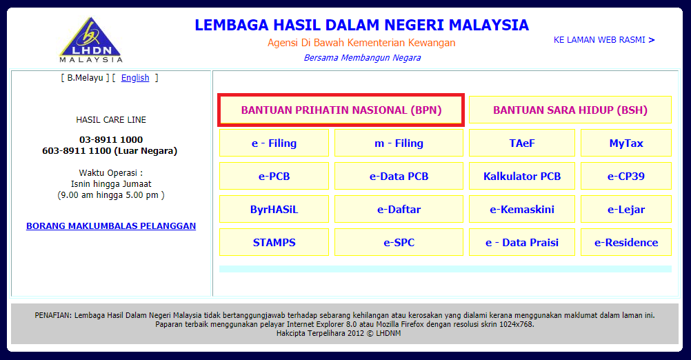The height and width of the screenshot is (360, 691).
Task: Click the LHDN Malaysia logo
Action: (91, 40)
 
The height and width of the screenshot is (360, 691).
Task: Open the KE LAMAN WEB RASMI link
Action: (604, 40)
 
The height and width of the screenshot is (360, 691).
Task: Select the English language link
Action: (135, 78)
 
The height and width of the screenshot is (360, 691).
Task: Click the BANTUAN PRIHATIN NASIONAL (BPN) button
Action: (341, 110)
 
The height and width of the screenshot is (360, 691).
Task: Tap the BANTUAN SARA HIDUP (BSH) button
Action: (570, 110)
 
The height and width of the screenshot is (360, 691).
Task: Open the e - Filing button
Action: (274, 143)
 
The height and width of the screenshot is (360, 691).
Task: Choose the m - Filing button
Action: (399, 143)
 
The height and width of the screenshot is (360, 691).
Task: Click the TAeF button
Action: (522, 143)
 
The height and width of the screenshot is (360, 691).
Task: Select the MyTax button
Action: (626, 143)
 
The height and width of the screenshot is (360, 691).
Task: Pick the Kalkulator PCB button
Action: (522, 177)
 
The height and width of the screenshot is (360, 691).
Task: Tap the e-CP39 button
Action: (626, 177)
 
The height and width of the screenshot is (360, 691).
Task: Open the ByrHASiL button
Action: (274, 209)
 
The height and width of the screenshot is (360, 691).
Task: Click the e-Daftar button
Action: (399, 209)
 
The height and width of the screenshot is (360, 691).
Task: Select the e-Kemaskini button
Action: (522, 209)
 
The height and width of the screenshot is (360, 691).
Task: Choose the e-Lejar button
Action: (626, 209)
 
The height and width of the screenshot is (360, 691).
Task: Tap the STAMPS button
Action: (274, 242)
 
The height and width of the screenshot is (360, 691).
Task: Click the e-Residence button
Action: (626, 242)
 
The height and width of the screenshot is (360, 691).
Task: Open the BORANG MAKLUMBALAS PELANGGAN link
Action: (111, 226)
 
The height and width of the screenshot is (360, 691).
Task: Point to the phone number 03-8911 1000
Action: (111, 140)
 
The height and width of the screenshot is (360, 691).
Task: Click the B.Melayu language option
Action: (85, 78)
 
